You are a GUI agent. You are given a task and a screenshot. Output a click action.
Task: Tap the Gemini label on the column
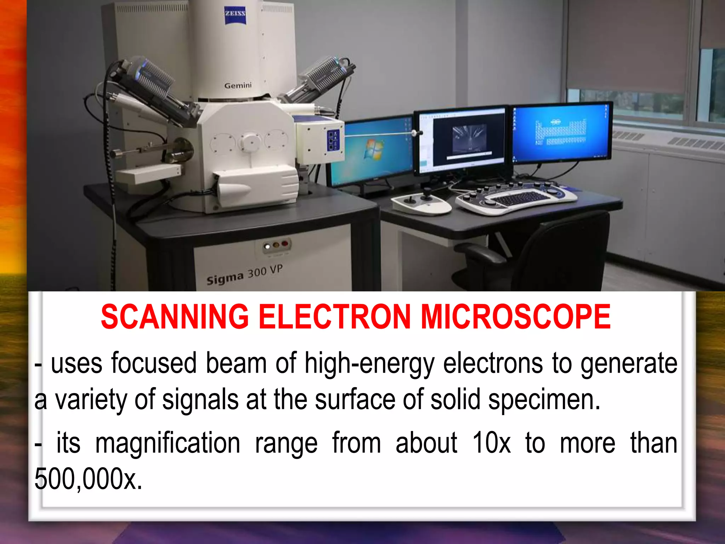tap(238, 85)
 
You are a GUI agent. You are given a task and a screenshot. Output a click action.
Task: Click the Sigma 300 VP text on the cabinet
tap(245, 275)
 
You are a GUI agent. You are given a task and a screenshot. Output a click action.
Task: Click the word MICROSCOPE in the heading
tap(515, 316)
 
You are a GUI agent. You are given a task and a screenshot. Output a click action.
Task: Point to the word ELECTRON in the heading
tap(335, 316)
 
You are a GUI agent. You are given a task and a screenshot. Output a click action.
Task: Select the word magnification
tap(168, 443)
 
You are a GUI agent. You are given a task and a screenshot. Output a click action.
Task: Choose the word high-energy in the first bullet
tap(369, 364)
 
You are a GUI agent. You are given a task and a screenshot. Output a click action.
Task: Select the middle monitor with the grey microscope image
tap(462, 140)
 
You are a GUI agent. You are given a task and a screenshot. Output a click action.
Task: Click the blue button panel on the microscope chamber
tap(333, 140)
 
